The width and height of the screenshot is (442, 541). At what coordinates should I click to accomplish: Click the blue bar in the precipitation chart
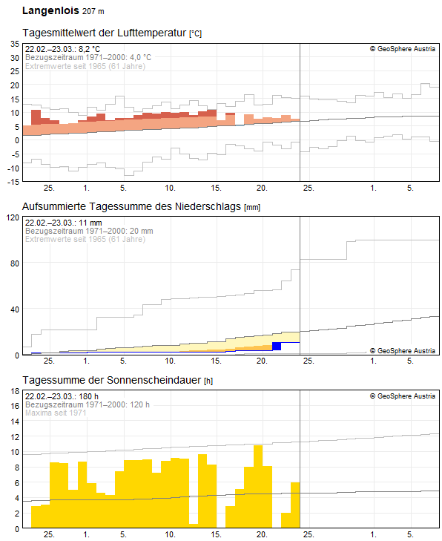point(277,346)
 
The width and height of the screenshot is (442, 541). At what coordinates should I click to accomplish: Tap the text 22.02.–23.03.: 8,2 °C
point(62,49)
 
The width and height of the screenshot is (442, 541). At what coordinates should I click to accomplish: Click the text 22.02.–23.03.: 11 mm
point(62,223)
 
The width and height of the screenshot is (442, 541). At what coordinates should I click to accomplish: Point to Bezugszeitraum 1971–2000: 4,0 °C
point(88,57)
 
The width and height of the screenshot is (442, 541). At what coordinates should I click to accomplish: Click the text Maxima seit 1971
point(56,413)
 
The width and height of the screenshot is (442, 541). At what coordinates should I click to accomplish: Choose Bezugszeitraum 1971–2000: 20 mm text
point(89,231)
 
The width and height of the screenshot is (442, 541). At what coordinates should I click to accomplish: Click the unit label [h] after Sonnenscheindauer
point(209,381)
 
